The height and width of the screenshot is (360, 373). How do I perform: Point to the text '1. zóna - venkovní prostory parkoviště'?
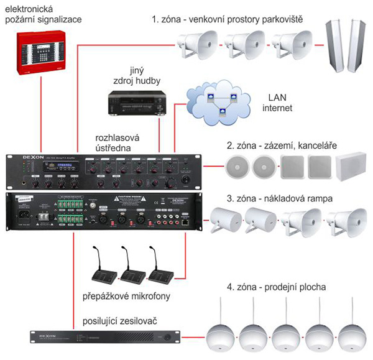228,19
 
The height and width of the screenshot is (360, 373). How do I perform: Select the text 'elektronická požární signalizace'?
41,14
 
